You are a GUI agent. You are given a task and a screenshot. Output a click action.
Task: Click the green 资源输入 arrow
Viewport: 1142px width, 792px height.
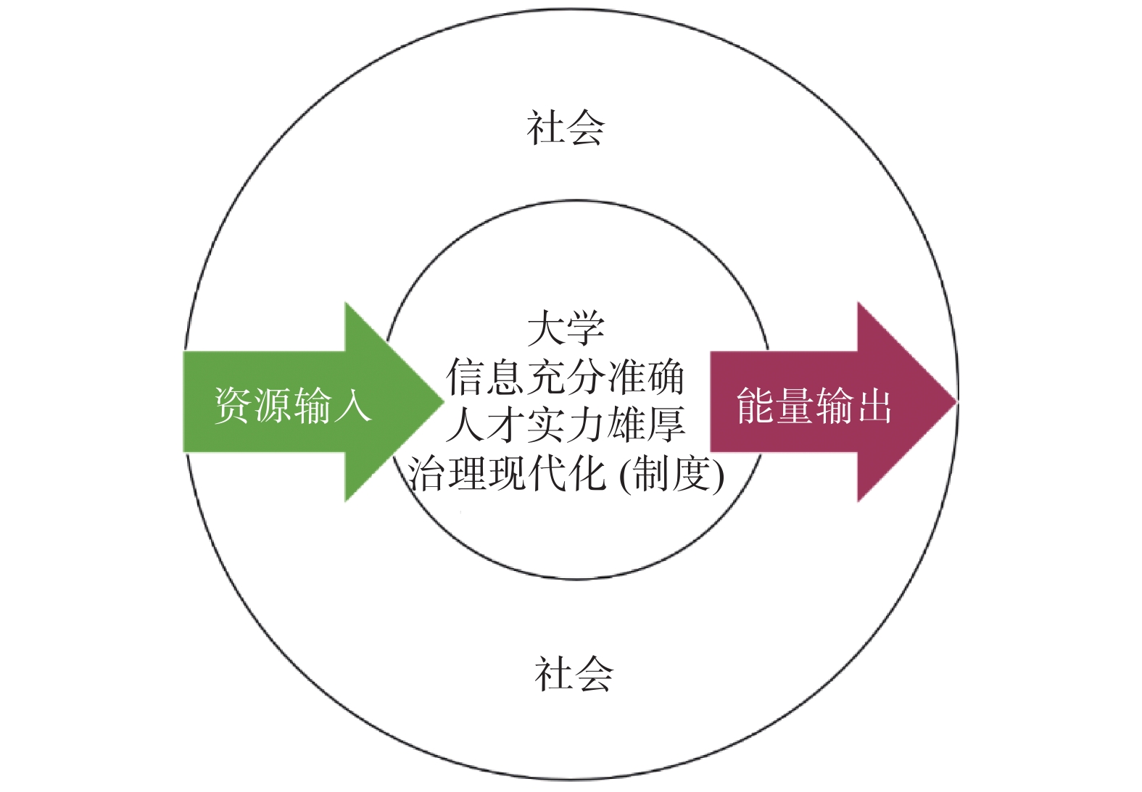coord(305,402)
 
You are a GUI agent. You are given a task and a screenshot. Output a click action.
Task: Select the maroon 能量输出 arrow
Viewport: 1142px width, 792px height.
coord(827,402)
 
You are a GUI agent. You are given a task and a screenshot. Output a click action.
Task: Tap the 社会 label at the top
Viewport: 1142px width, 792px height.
coord(566,128)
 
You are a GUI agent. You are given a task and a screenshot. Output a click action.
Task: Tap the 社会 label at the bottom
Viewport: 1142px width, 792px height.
coord(574,673)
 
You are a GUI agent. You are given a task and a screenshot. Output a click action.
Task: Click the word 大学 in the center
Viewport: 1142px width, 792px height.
coord(566,328)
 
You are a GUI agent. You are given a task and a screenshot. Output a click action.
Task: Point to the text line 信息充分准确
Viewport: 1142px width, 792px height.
coord(566,377)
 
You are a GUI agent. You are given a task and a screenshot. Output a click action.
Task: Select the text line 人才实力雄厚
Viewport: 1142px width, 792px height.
coord(566,425)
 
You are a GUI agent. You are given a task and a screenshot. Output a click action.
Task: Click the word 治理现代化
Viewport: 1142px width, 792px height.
coord(506,474)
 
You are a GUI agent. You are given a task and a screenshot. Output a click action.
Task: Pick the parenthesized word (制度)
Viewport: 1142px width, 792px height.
coord(672,474)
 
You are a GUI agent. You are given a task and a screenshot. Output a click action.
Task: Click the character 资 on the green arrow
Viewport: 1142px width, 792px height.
coord(233,404)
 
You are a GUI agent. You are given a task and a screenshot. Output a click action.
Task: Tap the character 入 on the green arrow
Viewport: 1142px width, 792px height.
coord(352,404)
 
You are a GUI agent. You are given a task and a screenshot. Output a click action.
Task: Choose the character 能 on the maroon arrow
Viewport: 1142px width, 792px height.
coord(756,404)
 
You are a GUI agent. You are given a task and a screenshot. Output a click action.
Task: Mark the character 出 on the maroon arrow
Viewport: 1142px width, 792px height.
coord(873,404)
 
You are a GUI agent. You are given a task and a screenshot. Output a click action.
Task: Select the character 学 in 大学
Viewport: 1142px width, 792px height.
coord(585,328)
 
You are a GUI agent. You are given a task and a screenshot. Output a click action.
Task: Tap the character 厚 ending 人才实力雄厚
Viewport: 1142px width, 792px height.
coord(666,425)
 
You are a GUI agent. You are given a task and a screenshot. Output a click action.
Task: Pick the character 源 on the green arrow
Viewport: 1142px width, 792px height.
coord(273,404)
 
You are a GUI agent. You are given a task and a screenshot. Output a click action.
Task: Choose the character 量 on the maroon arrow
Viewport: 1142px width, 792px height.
coord(795,404)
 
